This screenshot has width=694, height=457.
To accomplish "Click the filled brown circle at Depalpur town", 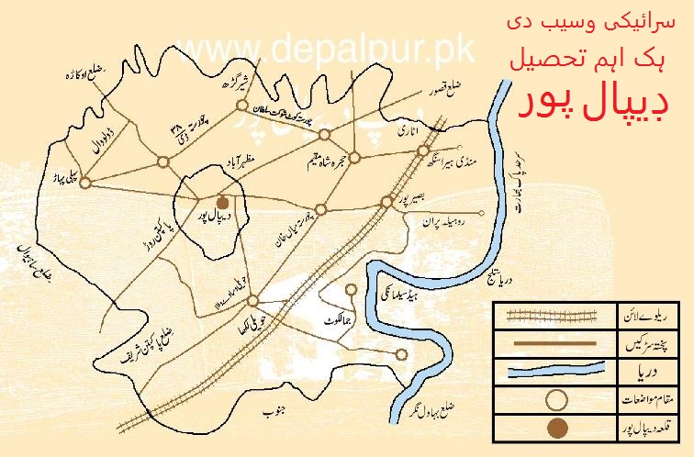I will [x=221, y=202].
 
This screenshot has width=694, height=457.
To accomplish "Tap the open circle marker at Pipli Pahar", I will [x=84, y=183].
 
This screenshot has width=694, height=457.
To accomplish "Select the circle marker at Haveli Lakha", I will [x=252, y=300].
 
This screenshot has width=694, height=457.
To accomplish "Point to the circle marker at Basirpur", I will [x=386, y=202].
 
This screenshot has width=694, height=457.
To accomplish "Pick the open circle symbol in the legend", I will [x=554, y=400].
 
